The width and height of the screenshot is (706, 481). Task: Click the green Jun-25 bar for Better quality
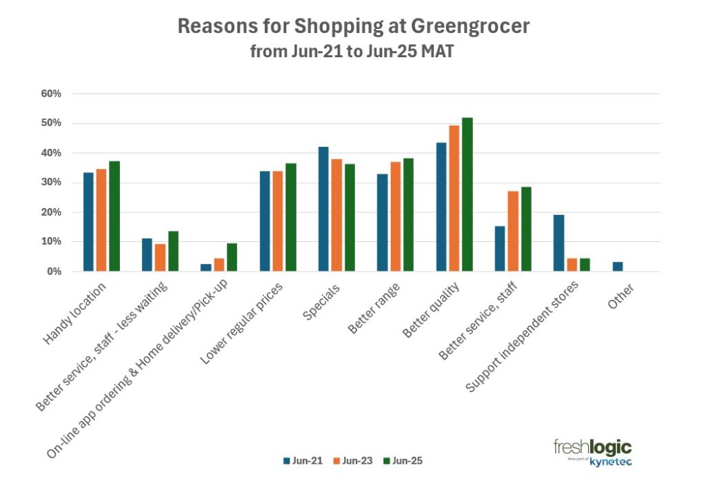(x=467, y=194)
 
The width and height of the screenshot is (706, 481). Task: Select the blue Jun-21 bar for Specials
(x=323, y=209)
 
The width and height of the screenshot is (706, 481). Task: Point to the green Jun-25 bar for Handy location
(x=114, y=216)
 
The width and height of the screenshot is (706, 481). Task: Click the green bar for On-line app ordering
(x=232, y=257)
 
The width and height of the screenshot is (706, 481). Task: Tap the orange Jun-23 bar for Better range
(x=395, y=216)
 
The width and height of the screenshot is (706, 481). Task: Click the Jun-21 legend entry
(x=301, y=460)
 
